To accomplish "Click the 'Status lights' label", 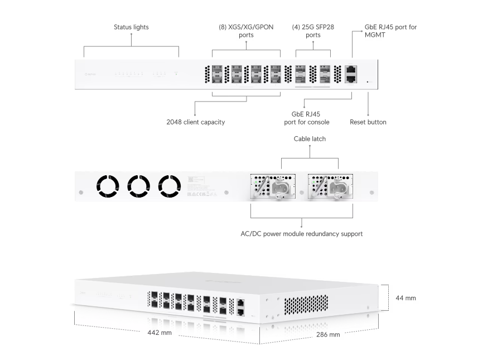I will (131, 27).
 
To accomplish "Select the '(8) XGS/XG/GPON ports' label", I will (245, 31).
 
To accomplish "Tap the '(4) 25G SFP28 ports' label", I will (313, 31).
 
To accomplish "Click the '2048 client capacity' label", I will (196, 122).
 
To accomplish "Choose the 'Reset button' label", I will (368, 122).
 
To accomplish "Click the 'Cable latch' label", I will (310, 138).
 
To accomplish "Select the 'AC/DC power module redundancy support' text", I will (301, 234).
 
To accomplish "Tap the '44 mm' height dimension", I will (406, 298).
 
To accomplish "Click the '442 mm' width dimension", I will (159, 333).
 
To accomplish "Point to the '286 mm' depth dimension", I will (328, 334).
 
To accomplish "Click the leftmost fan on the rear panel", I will (107, 186).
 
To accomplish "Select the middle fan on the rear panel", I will (138, 186).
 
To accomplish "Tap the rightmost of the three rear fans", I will (170, 186).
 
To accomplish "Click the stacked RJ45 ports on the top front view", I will (351, 74).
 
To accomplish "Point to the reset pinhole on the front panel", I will (368, 81).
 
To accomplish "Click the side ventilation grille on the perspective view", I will (307, 304).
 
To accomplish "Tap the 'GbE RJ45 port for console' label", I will (306, 118).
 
